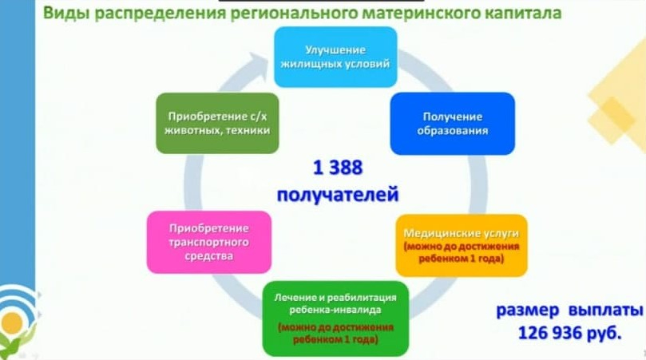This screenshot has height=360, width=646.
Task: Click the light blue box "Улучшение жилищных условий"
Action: point(335,57)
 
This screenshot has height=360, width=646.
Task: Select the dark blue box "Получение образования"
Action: point(453,124)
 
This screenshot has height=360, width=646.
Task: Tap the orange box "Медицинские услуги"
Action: point(462,246)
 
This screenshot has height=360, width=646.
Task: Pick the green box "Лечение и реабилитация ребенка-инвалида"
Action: point(335,318)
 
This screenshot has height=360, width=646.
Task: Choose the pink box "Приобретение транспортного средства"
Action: point(209,242)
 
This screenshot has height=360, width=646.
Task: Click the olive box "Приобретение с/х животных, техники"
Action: point(217,123)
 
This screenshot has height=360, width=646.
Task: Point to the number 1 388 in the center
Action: point(338,168)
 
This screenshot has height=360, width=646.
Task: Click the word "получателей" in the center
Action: point(338,195)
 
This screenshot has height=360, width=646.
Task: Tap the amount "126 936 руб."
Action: point(569,332)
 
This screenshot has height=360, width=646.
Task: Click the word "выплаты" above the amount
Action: point(605,311)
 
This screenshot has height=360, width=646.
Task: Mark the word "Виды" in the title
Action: point(66,13)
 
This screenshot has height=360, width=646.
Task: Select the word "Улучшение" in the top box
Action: point(335,49)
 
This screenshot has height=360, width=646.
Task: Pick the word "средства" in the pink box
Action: point(209,256)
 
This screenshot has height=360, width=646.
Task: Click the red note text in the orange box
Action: point(462,252)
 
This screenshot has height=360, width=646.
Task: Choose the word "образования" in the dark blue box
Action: point(453,131)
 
